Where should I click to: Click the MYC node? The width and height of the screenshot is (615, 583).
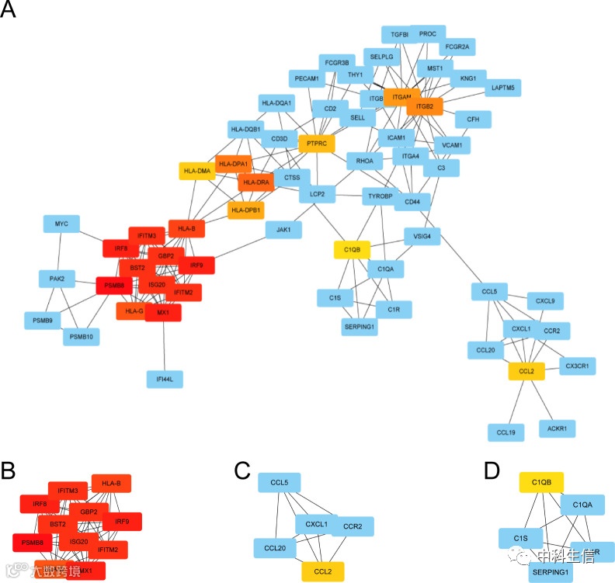[62, 224]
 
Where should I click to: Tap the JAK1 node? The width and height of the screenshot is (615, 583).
[283, 230]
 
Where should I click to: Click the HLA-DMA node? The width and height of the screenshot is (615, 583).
[197, 171]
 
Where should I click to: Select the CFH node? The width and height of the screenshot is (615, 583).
[472, 120]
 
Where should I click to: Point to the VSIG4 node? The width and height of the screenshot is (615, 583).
[422, 237]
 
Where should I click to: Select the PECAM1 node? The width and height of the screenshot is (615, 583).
[307, 78]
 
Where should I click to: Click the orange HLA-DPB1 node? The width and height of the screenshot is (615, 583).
[246, 210]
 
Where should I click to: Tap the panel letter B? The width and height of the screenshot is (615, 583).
[9, 470]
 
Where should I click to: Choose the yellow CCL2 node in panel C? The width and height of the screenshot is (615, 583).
[322, 572]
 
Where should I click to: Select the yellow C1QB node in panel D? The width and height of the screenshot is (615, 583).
[541, 482]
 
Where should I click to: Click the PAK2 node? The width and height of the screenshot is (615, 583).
[57, 278]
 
